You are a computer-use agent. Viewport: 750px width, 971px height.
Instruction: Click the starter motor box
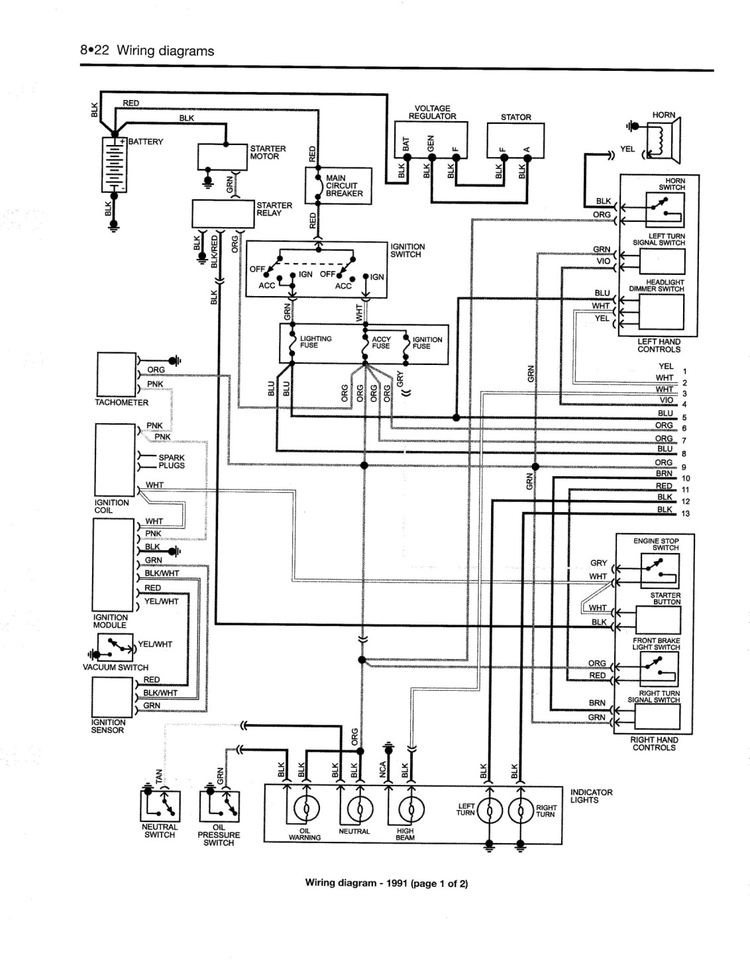click(x=223, y=156)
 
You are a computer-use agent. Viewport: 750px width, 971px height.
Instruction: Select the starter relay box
click(x=223, y=213)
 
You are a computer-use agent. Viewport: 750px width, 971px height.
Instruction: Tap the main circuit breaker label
click(x=344, y=186)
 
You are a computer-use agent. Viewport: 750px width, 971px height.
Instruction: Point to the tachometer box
click(x=116, y=374)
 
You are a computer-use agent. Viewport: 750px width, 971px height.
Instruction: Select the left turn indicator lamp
click(x=490, y=810)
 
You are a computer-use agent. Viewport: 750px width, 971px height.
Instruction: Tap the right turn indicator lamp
click(x=521, y=810)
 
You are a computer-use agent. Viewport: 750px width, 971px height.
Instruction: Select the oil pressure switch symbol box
click(x=219, y=807)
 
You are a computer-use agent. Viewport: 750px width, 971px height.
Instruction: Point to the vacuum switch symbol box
click(x=115, y=647)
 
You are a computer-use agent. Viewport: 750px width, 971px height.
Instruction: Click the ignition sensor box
click(x=112, y=697)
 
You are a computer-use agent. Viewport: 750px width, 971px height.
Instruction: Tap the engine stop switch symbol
click(x=660, y=571)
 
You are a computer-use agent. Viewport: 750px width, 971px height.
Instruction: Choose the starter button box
click(x=658, y=620)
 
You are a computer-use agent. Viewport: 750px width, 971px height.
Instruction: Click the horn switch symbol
click(x=665, y=209)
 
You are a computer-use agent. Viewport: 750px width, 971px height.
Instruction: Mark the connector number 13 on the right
click(x=686, y=514)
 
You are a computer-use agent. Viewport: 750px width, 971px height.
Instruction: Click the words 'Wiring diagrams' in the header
click(x=166, y=51)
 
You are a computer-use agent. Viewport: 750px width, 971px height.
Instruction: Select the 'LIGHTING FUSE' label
click(x=315, y=342)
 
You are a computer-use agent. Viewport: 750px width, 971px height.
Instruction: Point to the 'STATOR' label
click(x=516, y=117)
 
